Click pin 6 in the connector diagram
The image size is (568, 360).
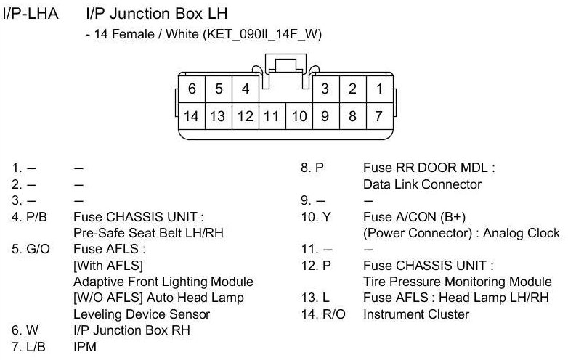pyautogui.click(x=192, y=89)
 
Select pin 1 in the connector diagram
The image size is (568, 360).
pyautogui.click(x=378, y=89)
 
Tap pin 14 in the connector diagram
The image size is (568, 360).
pyautogui.click(x=192, y=115)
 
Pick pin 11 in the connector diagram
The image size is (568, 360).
pyautogui.click(x=272, y=115)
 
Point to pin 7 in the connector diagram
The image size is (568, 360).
pyautogui.click(x=378, y=115)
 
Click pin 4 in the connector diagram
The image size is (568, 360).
pyautogui.click(x=246, y=89)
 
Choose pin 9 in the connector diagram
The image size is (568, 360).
pyautogui.click(x=325, y=115)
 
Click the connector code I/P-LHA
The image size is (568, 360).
pyautogui.click(x=33, y=14)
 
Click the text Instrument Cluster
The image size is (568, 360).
pyautogui.click(x=416, y=314)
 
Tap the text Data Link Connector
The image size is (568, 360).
pyautogui.click(x=422, y=184)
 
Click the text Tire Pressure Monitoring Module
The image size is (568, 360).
pyautogui.click(x=458, y=282)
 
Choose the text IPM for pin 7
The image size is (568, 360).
pyautogui.click(x=85, y=347)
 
